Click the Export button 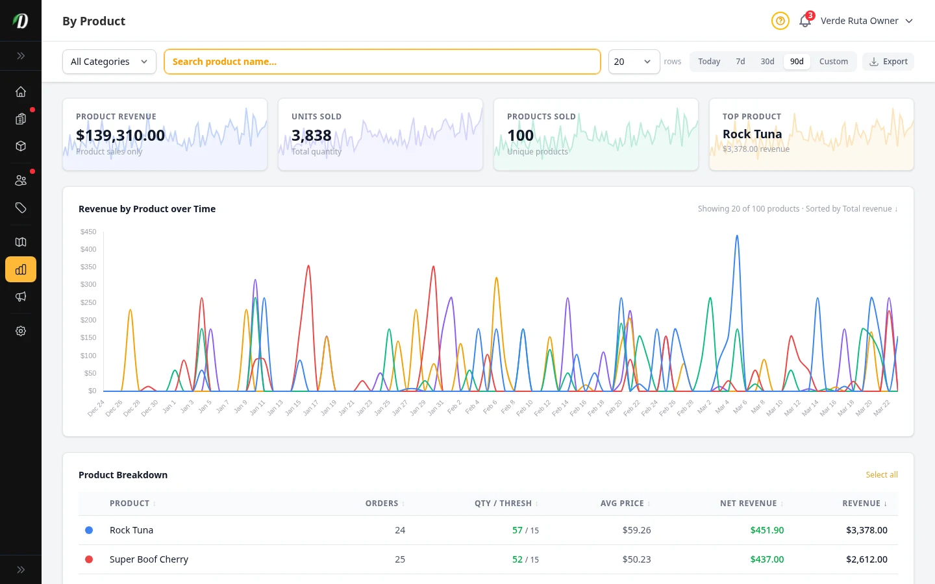[888, 62]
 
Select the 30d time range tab [767, 62]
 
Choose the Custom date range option [833, 62]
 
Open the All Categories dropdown [109, 62]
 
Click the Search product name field [382, 62]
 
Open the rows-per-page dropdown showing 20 [634, 62]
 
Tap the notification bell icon [805, 21]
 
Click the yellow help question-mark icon [780, 21]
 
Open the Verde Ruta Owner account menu [866, 21]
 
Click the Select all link [881, 475]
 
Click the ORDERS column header [382, 504]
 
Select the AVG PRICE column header [622, 504]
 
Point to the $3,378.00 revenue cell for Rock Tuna [866, 530]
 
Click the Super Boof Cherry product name [149, 559]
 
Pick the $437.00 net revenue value [767, 559]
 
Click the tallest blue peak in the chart [737, 237]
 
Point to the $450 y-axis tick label [88, 232]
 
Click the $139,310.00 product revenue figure [121, 135]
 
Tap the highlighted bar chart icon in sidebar [21, 269]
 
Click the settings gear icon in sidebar [21, 331]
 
